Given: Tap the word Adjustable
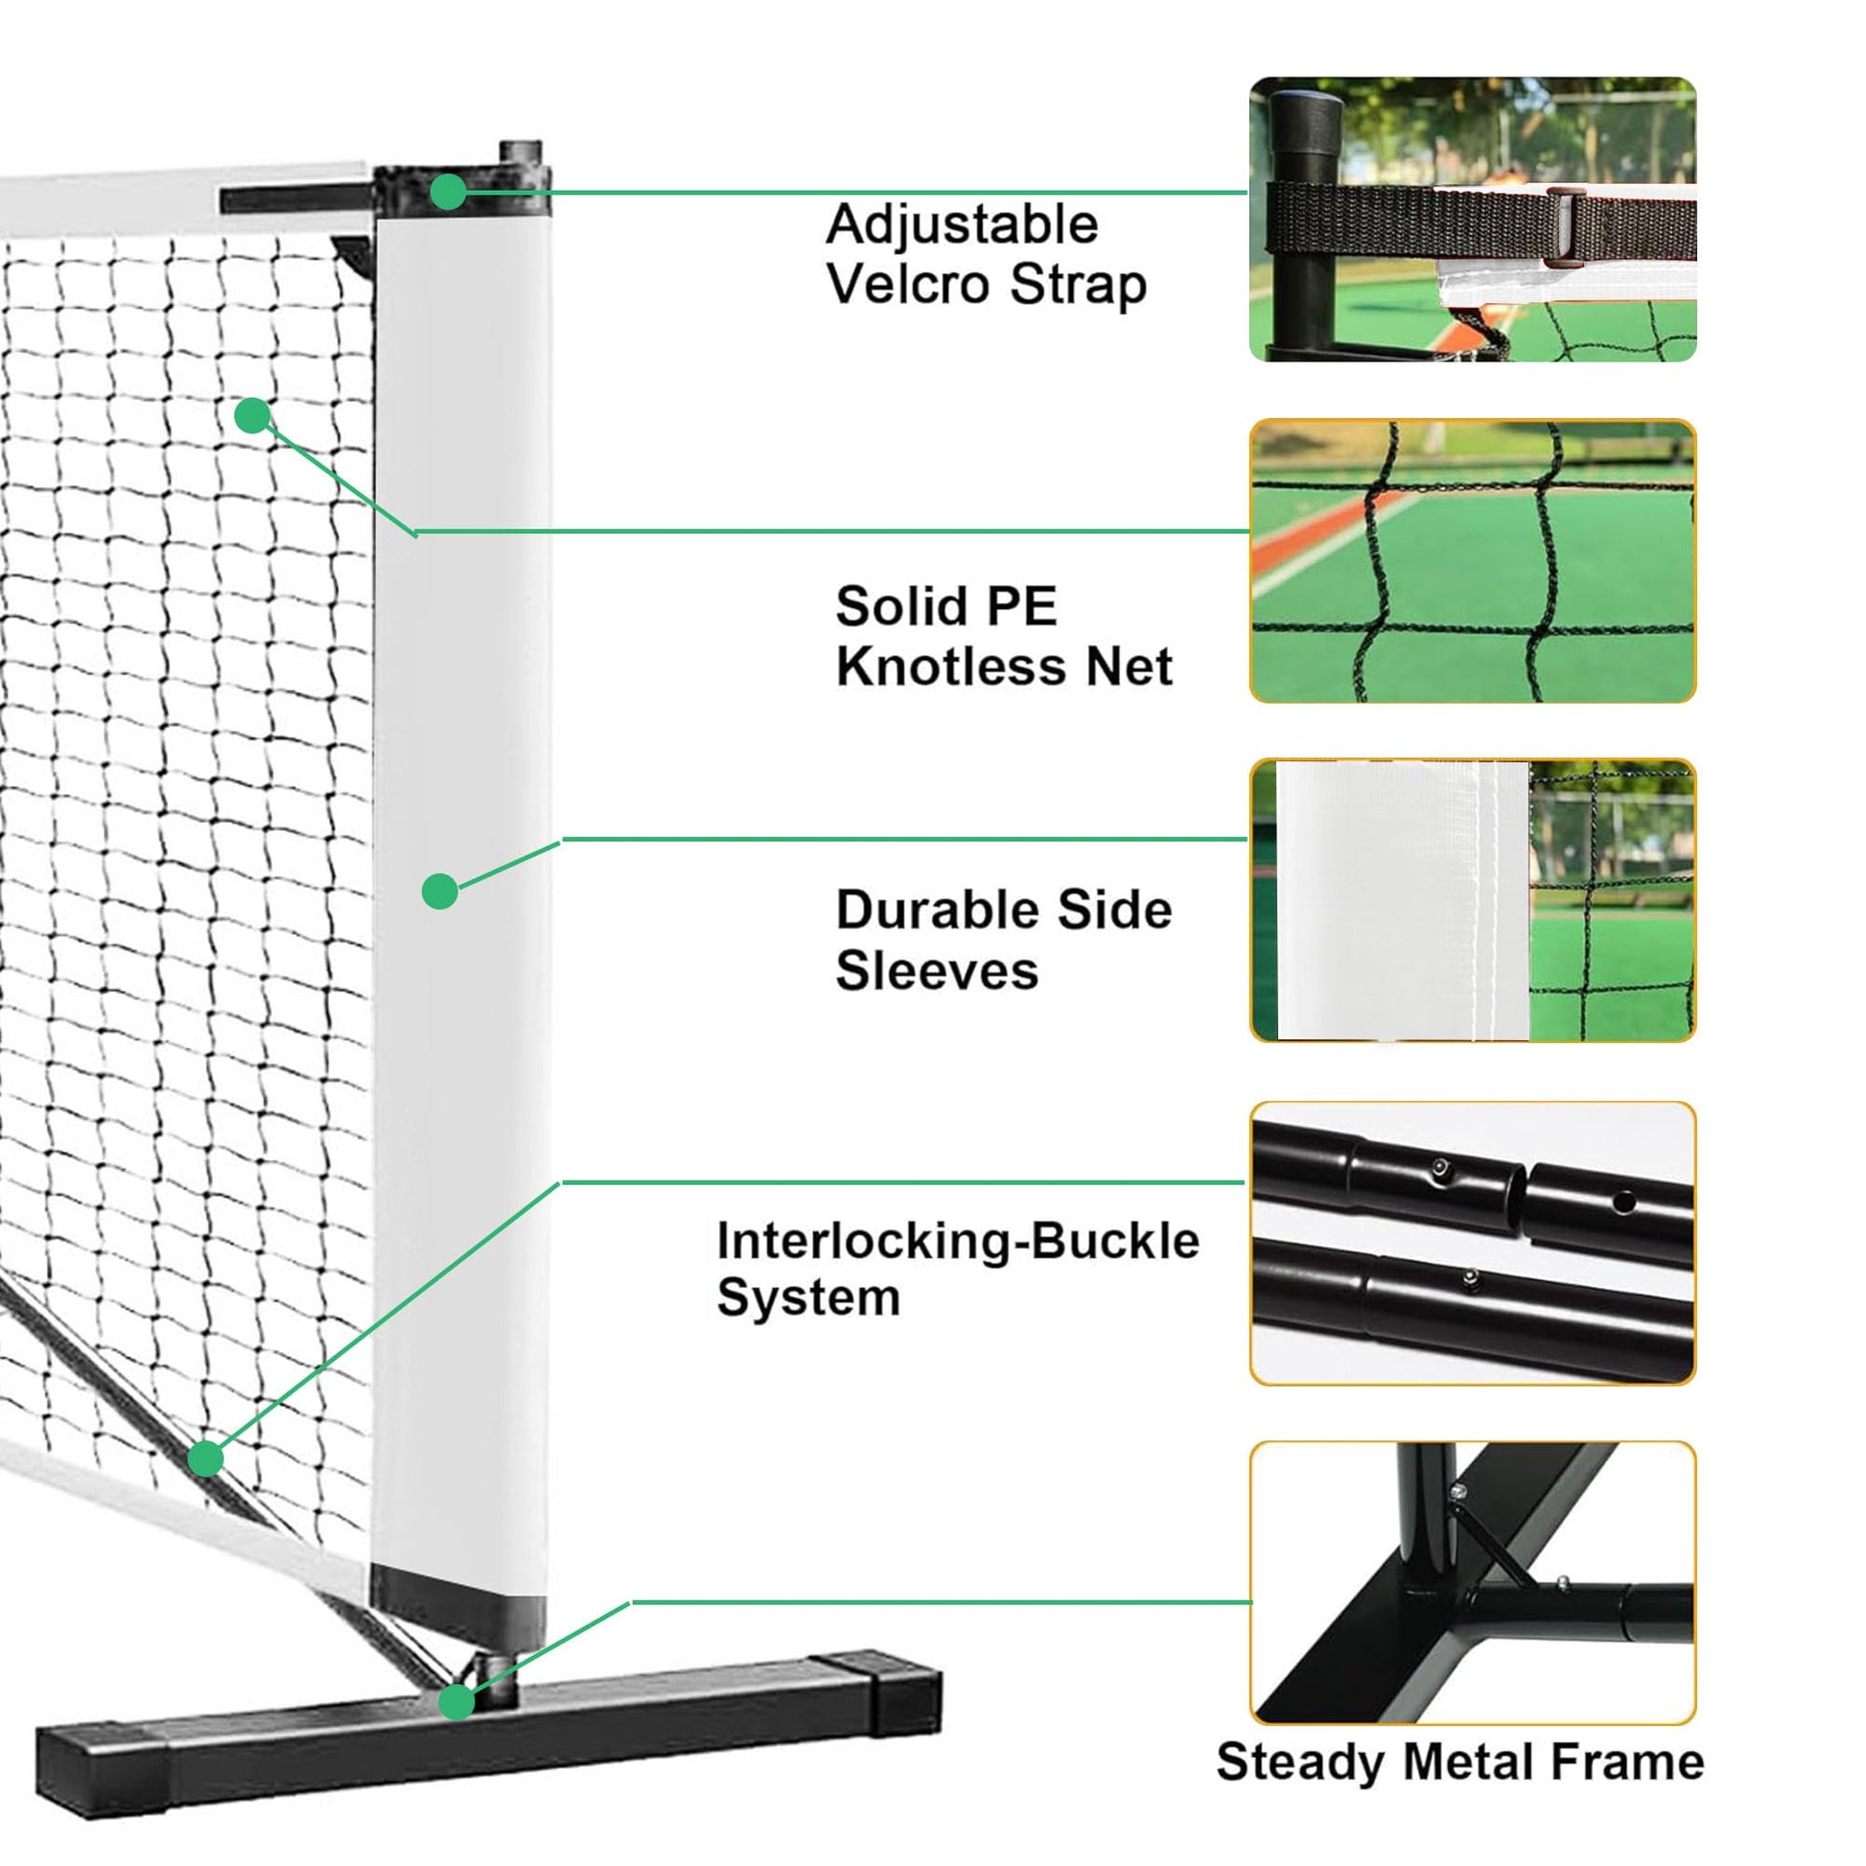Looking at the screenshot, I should (962, 225).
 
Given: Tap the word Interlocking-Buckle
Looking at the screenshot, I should (957, 1240).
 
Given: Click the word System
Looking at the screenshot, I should (807, 1296).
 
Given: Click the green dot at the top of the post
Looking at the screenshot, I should (447, 192).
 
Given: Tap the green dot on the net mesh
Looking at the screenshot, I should (252, 415).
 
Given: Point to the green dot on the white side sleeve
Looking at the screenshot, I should (439, 891).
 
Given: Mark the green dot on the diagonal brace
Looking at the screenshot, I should (206, 1458).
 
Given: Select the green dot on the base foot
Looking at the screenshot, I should (456, 1702).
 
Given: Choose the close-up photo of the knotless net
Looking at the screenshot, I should (1472, 560).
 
